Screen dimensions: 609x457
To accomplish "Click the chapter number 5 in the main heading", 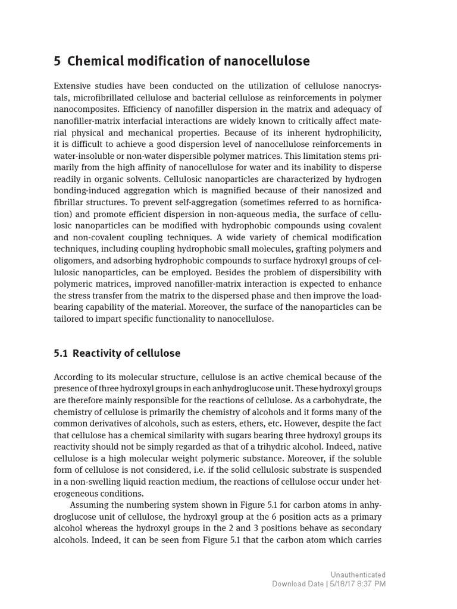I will coord(57,61).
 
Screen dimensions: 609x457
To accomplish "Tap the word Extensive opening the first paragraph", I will coord(72,86).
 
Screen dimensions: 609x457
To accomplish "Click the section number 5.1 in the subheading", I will coord(60,353).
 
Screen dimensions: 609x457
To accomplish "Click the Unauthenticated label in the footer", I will coord(358,575).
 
